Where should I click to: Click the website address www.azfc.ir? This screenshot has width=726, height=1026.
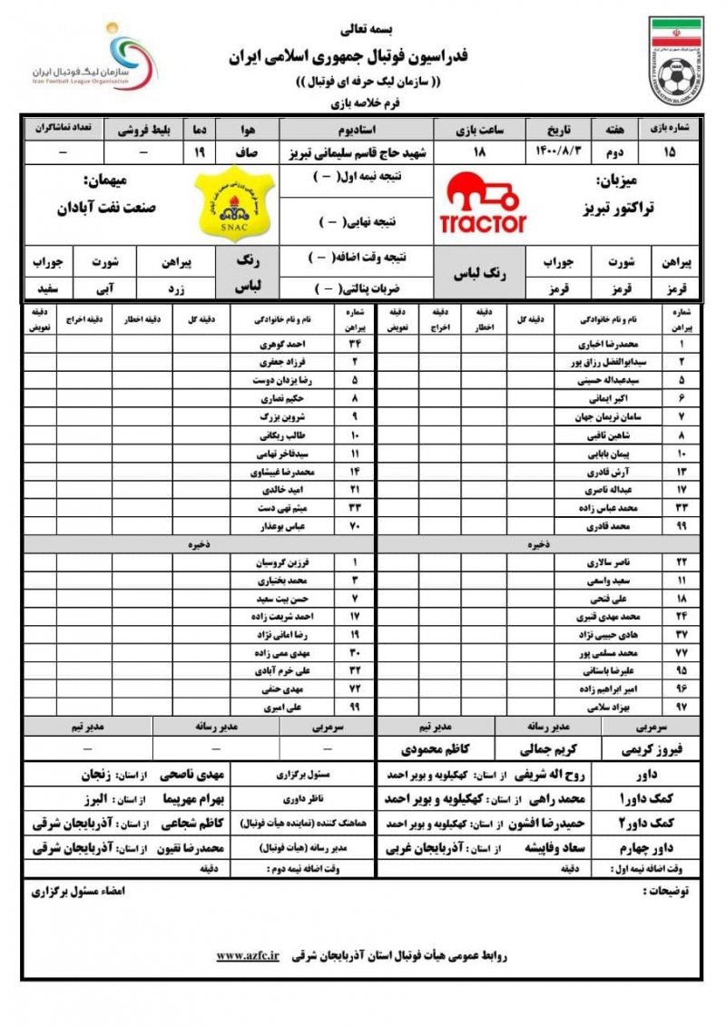[x=249, y=956]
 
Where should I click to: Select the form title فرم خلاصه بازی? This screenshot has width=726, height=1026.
[x=363, y=103]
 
